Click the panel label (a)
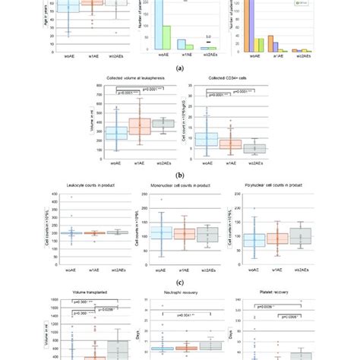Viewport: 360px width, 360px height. click(179, 68)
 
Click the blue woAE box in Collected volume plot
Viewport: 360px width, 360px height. click(116, 134)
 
